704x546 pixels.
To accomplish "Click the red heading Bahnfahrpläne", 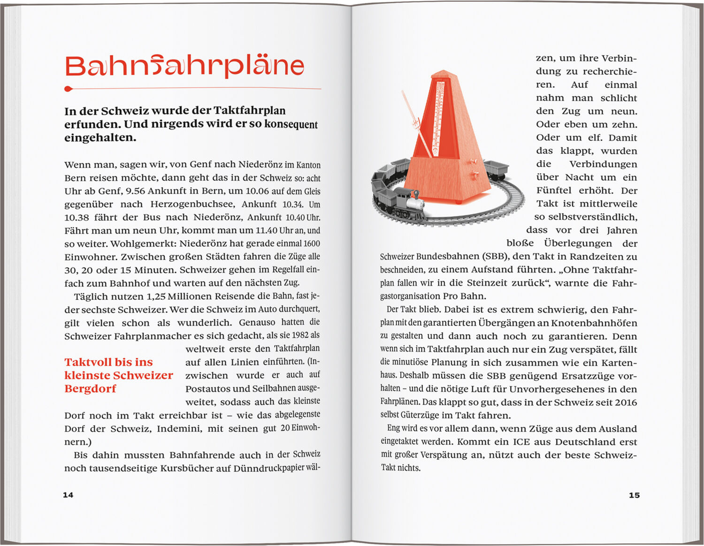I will (x=184, y=67).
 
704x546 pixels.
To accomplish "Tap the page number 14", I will (x=68, y=495).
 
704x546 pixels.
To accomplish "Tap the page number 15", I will (x=634, y=495).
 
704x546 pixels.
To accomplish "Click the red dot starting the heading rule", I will (x=69, y=89).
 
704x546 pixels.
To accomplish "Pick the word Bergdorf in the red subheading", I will (x=90, y=388).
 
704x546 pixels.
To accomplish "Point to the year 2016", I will (x=626, y=402).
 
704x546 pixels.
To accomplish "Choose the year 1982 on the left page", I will (x=300, y=335).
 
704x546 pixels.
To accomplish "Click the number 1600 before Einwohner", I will (x=312, y=243).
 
